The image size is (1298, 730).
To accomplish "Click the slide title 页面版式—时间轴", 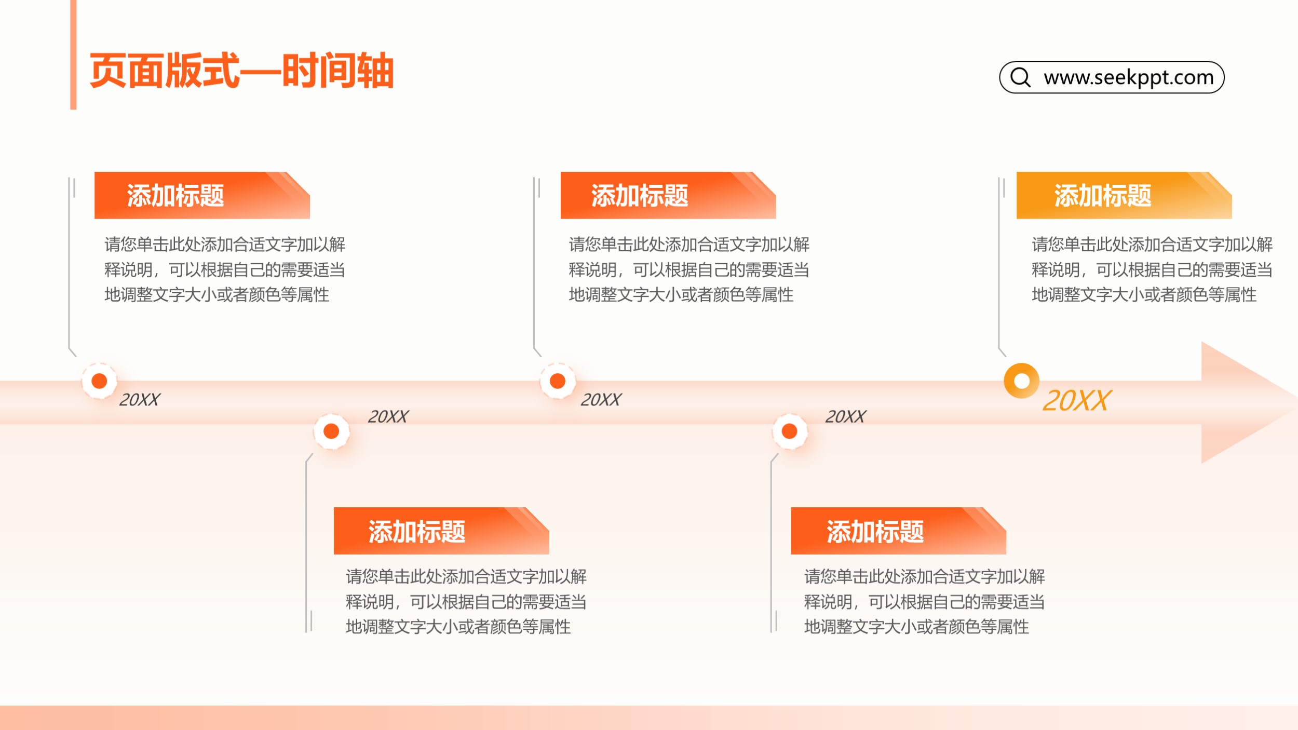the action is click(241, 71).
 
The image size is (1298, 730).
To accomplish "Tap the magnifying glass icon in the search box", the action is click(1020, 77).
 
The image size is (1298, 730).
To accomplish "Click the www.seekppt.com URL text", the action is click(1129, 77).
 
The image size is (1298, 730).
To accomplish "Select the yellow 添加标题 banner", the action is click(1124, 195).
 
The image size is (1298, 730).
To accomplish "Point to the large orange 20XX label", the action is click(1076, 400).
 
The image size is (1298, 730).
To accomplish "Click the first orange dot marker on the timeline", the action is click(99, 381).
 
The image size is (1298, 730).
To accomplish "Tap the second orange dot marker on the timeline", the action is click(331, 431).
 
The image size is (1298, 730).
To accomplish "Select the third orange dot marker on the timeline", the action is click(558, 381).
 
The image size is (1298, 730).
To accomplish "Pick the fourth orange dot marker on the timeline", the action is click(790, 431).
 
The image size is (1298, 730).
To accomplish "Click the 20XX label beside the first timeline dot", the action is click(140, 400).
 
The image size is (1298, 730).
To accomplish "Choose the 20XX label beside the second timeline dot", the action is click(388, 416).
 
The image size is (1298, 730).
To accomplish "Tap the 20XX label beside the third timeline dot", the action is click(601, 400).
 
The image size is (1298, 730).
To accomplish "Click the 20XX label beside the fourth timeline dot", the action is click(846, 416).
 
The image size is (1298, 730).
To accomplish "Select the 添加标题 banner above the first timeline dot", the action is click(202, 195).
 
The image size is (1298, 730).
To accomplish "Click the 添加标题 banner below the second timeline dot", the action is click(441, 531).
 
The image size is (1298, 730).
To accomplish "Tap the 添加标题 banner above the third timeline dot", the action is click(668, 195).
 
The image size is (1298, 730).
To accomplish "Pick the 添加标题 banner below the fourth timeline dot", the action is click(898, 531).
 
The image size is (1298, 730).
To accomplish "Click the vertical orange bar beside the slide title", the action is click(73, 55).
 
